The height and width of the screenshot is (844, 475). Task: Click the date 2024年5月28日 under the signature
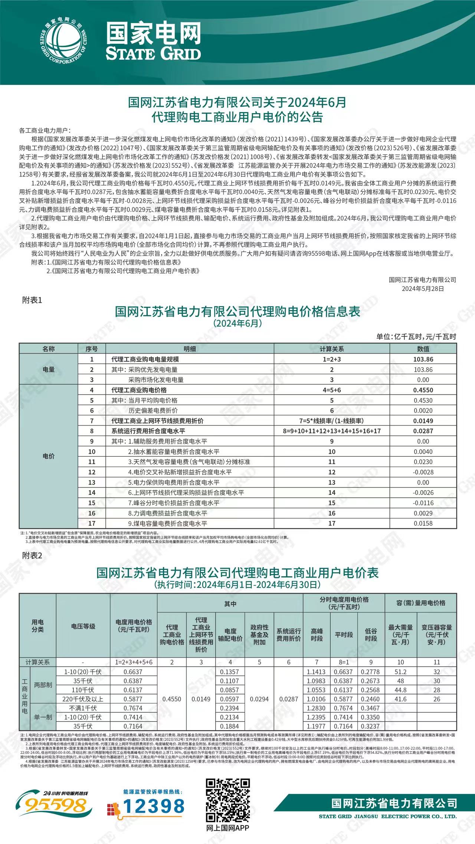[x=423, y=289]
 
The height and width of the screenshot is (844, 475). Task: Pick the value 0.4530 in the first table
[x=423, y=400]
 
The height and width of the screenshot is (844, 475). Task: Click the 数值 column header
[x=423, y=349]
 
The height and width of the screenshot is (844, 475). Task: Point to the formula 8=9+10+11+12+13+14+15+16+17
[x=331, y=431]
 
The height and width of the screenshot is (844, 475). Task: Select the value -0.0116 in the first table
[x=423, y=503]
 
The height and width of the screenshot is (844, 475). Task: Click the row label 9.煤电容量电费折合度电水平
[x=167, y=523]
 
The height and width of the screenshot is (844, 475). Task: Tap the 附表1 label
[x=32, y=300]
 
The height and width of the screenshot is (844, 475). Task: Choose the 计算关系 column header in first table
[x=331, y=349]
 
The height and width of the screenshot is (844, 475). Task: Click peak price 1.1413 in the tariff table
[x=316, y=672]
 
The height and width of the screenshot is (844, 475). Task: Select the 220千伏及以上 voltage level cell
[x=83, y=699]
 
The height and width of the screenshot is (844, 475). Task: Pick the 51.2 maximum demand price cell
[x=400, y=672]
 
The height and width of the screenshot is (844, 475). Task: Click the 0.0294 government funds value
[x=259, y=699]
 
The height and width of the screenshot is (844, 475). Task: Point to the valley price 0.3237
[x=371, y=726]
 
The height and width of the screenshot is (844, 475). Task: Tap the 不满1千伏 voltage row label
[x=83, y=708]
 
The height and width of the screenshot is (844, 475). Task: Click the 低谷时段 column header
[x=371, y=635]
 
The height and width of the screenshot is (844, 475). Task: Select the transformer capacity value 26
[x=436, y=699]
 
